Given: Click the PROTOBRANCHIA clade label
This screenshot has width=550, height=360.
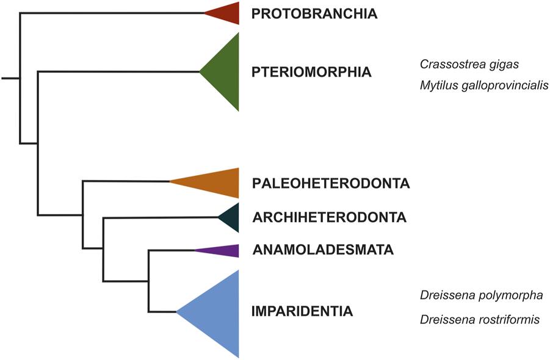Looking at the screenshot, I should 314,13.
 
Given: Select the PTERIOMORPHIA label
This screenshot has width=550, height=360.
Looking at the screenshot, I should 311,72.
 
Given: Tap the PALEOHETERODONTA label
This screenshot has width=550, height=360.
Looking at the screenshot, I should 330,183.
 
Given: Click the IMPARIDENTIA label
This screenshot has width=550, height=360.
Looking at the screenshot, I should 302,312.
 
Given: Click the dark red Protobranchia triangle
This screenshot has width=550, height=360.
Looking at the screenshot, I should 226,13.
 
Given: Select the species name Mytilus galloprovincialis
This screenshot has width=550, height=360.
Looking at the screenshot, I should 484,85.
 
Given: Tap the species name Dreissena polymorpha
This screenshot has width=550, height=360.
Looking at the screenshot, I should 481,295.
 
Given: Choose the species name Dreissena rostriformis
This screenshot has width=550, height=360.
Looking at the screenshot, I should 479,319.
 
